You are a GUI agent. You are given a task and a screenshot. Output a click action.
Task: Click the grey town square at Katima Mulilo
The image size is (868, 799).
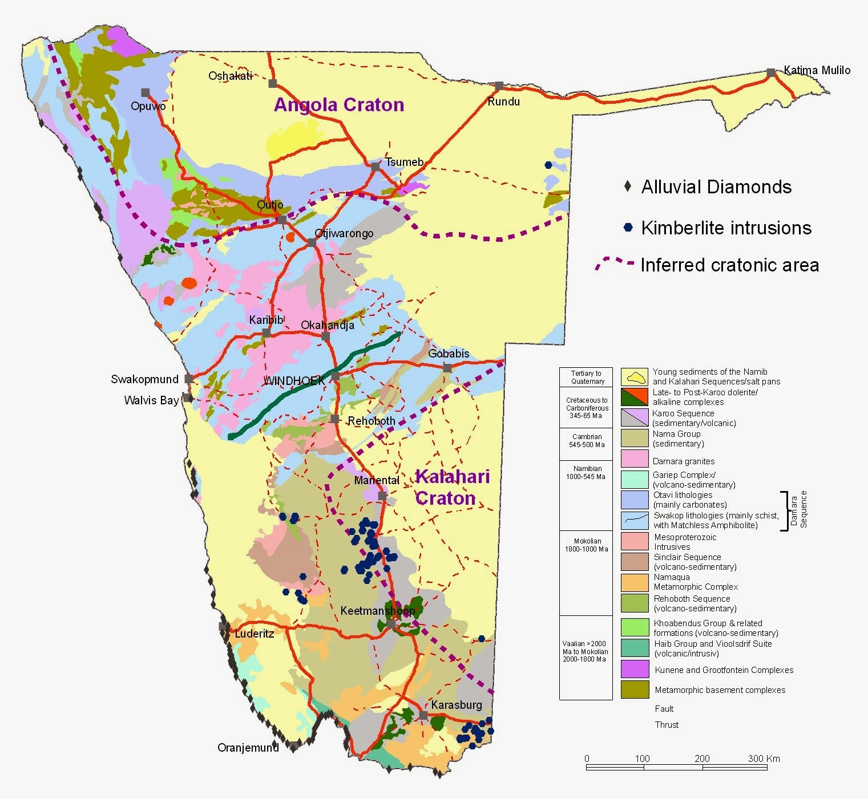tap(771, 72)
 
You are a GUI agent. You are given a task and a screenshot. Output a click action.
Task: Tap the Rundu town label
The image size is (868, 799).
tap(503, 102)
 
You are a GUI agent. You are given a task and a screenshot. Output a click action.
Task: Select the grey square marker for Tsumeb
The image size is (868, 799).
tap(376, 167)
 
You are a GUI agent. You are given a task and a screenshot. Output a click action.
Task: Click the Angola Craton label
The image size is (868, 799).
tap(339, 104)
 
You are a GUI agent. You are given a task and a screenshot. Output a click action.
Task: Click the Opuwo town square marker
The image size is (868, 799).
tap(146, 92)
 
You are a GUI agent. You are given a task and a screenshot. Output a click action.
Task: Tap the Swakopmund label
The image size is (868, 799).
tap(144, 379)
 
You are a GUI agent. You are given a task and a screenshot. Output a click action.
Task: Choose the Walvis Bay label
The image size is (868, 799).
tap(151, 400)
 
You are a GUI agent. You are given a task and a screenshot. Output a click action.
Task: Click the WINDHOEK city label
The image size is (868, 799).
tap(293, 380)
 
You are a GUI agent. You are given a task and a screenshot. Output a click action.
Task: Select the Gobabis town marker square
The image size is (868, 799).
tap(447, 368)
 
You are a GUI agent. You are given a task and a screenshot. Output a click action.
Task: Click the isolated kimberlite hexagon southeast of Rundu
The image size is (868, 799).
tap(548, 165)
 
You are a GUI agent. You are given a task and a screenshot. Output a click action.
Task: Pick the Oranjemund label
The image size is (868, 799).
tap(248, 748)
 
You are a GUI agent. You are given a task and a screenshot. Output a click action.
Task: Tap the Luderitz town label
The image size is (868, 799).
tap(255, 634)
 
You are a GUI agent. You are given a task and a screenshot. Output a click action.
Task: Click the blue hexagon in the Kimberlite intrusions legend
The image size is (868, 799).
tap(628, 228)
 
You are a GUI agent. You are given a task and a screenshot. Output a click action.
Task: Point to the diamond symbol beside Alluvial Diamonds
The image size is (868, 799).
tap(628, 186)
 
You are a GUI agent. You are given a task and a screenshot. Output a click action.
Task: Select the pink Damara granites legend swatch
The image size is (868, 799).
tap(635, 459)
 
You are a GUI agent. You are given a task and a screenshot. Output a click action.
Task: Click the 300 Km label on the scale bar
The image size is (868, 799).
tap(764, 759)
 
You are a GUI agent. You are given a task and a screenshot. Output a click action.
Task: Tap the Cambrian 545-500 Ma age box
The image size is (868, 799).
tap(587, 440)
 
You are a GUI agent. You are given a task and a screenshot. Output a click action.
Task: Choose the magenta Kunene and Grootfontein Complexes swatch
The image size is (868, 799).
tap(635, 669)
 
